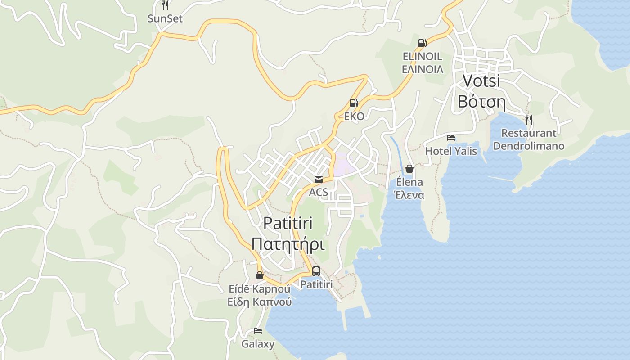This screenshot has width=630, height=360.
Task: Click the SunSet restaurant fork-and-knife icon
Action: [x=165, y=5]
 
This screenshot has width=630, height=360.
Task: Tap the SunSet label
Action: [x=165, y=19]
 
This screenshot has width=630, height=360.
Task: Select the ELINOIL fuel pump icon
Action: [x=422, y=43]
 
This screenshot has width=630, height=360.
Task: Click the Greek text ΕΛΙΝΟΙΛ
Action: [x=422, y=69]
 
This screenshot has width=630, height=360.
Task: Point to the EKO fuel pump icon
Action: [x=354, y=103]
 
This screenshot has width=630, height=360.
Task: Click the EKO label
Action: [x=354, y=117]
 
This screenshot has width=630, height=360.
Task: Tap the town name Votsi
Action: [x=481, y=81]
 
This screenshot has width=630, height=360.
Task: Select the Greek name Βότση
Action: [x=481, y=102]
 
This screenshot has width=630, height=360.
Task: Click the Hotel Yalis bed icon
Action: [x=451, y=138]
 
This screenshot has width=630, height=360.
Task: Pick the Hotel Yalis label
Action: [x=451, y=151]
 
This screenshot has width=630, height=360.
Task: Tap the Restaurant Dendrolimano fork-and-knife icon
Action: [x=529, y=120]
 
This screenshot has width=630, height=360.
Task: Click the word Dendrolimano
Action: [x=529, y=146]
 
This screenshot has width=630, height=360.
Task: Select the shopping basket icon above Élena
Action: [x=409, y=169]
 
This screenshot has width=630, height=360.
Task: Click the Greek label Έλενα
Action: [x=409, y=195]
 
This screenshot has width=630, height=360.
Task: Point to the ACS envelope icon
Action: [x=319, y=180]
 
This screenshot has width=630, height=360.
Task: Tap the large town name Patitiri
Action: [x=288, y=223]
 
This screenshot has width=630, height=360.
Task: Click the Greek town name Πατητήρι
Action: [x=288, y=244]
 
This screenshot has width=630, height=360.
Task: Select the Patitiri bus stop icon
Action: [x=316, y=271]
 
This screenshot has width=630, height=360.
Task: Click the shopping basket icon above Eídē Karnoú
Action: [x=260, y=275]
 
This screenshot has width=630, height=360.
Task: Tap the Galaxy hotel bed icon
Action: [x=258, y=331]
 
